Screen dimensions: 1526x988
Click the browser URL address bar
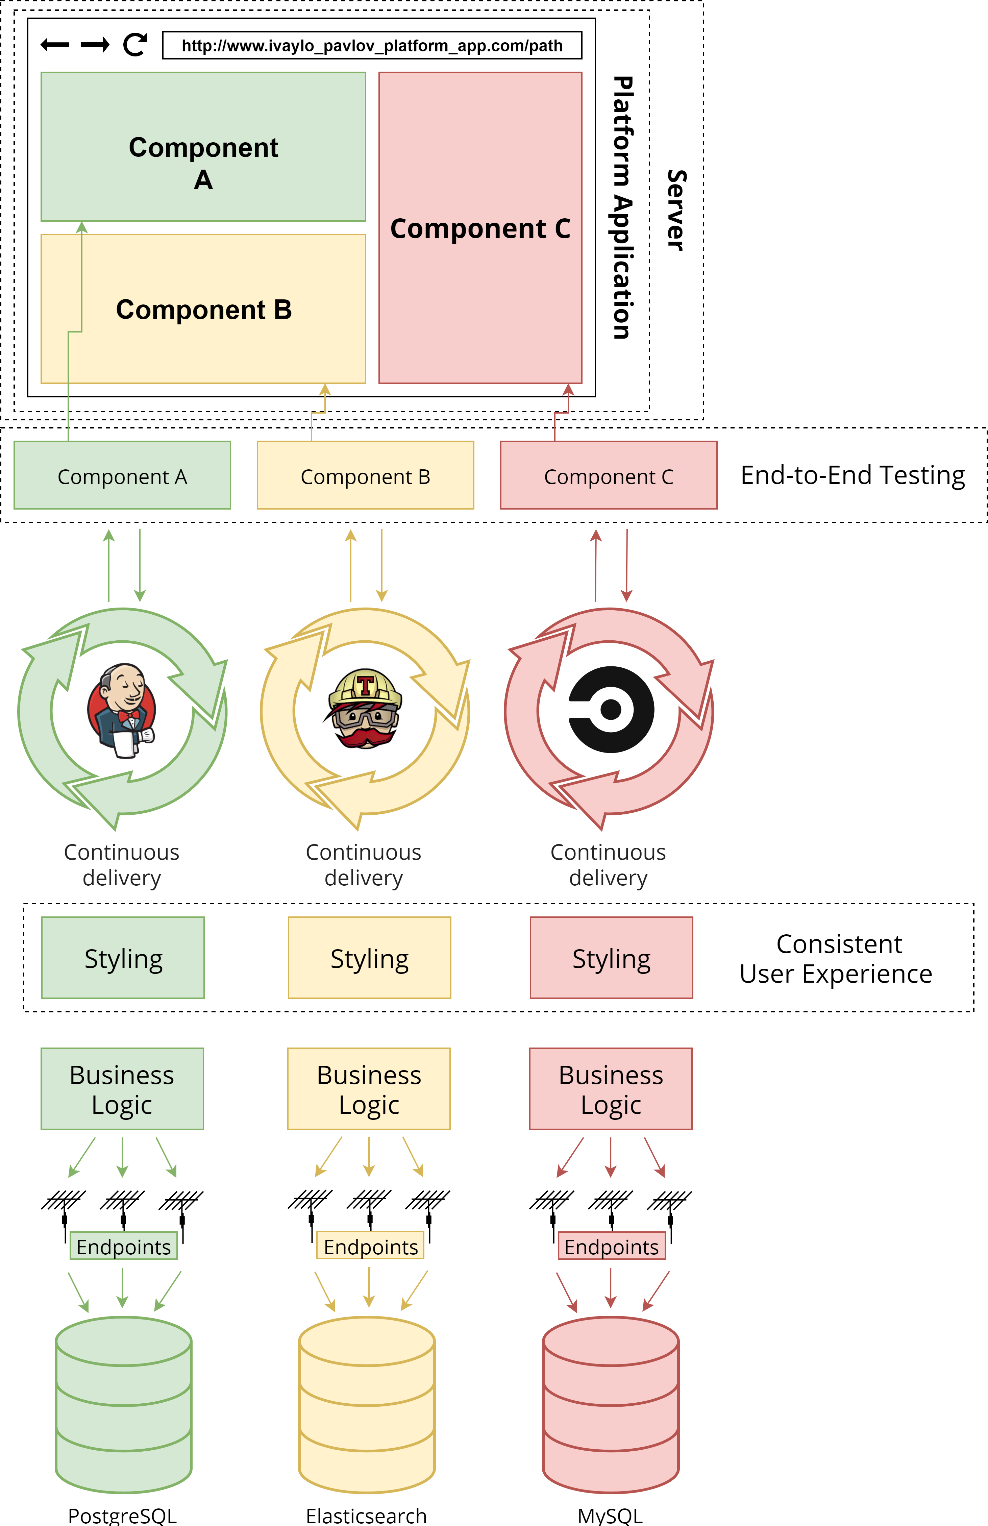click(x=372, y=46)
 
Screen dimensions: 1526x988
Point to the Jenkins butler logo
click(x=122, y=710)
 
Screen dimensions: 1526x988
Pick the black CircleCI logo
click(x=611, y=709)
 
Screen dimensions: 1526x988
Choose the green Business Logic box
click(x=122, y=1089)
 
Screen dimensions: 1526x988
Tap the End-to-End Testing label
click(x=853, y=475)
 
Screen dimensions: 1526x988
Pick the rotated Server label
click(x=676, y=210)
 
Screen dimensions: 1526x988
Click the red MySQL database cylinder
click(x=610, y=1404)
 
